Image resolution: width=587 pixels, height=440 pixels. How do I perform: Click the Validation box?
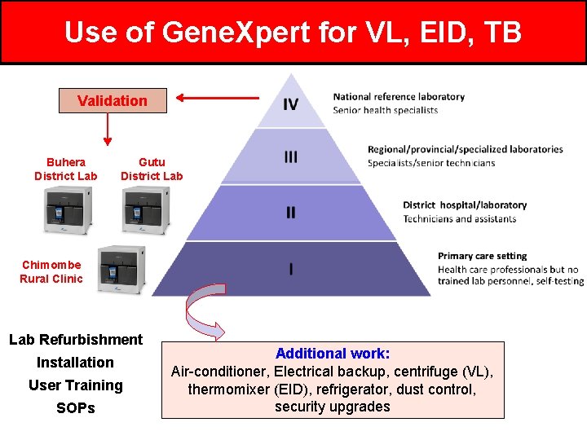(113, 101)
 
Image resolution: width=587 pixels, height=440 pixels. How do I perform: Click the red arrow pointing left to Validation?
(218, 99)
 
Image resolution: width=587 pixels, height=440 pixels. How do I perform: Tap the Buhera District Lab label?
(65, 169)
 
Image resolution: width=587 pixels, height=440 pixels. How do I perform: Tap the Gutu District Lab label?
(152, 169)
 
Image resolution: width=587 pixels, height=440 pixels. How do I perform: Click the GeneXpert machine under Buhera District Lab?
(68, 210)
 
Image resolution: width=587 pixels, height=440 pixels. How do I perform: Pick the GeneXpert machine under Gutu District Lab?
(146, 210)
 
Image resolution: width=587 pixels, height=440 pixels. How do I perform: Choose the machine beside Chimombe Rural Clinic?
(121, 269)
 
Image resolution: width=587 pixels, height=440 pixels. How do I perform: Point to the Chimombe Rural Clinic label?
(51, 271)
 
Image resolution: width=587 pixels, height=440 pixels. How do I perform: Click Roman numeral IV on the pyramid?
(290, 103)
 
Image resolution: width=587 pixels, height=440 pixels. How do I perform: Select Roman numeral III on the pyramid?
(290, 157)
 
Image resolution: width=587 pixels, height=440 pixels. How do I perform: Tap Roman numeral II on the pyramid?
(290, 212)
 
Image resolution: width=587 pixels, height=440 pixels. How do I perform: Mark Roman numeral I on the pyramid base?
(291, 269)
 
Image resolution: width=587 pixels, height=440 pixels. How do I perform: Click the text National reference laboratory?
(399, 96)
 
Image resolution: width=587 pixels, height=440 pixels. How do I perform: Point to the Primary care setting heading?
(482, 256)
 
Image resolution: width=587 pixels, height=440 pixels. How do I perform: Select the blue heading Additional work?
(333, 354)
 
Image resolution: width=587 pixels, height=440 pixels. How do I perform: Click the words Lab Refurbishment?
(76, 340)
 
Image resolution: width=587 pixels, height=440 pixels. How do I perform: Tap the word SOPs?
(76, 408)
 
